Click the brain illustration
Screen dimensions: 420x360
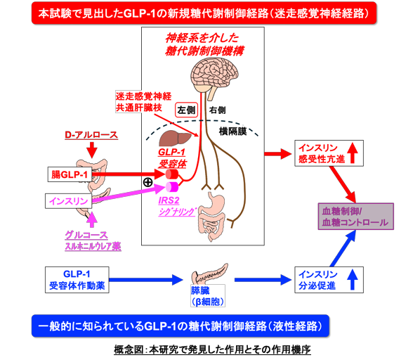click(214, 74)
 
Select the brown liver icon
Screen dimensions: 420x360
click(176, 138)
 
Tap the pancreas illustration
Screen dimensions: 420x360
click(209, 274)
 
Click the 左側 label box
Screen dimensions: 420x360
click(186, 110)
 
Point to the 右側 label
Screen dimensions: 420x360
click(217, 110)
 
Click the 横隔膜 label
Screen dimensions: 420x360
click(232, 131)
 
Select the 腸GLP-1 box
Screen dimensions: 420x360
click(70, 174)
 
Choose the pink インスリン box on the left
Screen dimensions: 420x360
click(68, 201)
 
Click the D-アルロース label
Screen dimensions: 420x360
click(91, 135)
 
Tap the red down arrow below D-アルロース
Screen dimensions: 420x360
click(92, 150)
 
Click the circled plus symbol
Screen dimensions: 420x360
click(148, 183)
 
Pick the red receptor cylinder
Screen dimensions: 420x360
click(172, 174)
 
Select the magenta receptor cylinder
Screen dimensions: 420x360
click(172, 187)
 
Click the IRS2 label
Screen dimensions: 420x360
click(169, 200)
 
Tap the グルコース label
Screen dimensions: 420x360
click(86, 236)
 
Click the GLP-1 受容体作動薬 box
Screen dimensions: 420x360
click(77, 280)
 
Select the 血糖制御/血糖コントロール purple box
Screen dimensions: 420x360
click(355, 217)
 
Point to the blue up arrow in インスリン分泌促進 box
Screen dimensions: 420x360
click(353, 280)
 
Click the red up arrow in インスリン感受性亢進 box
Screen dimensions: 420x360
click(353, 153)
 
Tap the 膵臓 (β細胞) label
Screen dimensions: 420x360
click(208, 296)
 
